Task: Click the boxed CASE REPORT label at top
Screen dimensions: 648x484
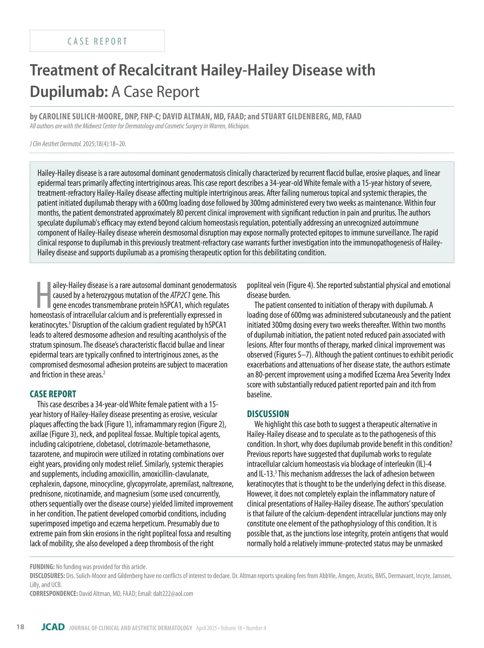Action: (x=97, y=41)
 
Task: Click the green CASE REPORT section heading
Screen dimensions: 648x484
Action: (x=53, y=394)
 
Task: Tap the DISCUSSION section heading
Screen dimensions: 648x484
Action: (x=268, y=414)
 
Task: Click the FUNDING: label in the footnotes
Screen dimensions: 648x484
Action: (x=42, y=567)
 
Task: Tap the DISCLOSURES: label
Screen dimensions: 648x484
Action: (x=47, y=576)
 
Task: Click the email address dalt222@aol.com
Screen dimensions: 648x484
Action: (x=173, y=594)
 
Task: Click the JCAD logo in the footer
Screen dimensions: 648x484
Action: (x=53, y=627)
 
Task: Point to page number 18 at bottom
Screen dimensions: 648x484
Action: (x=20, y=627)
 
